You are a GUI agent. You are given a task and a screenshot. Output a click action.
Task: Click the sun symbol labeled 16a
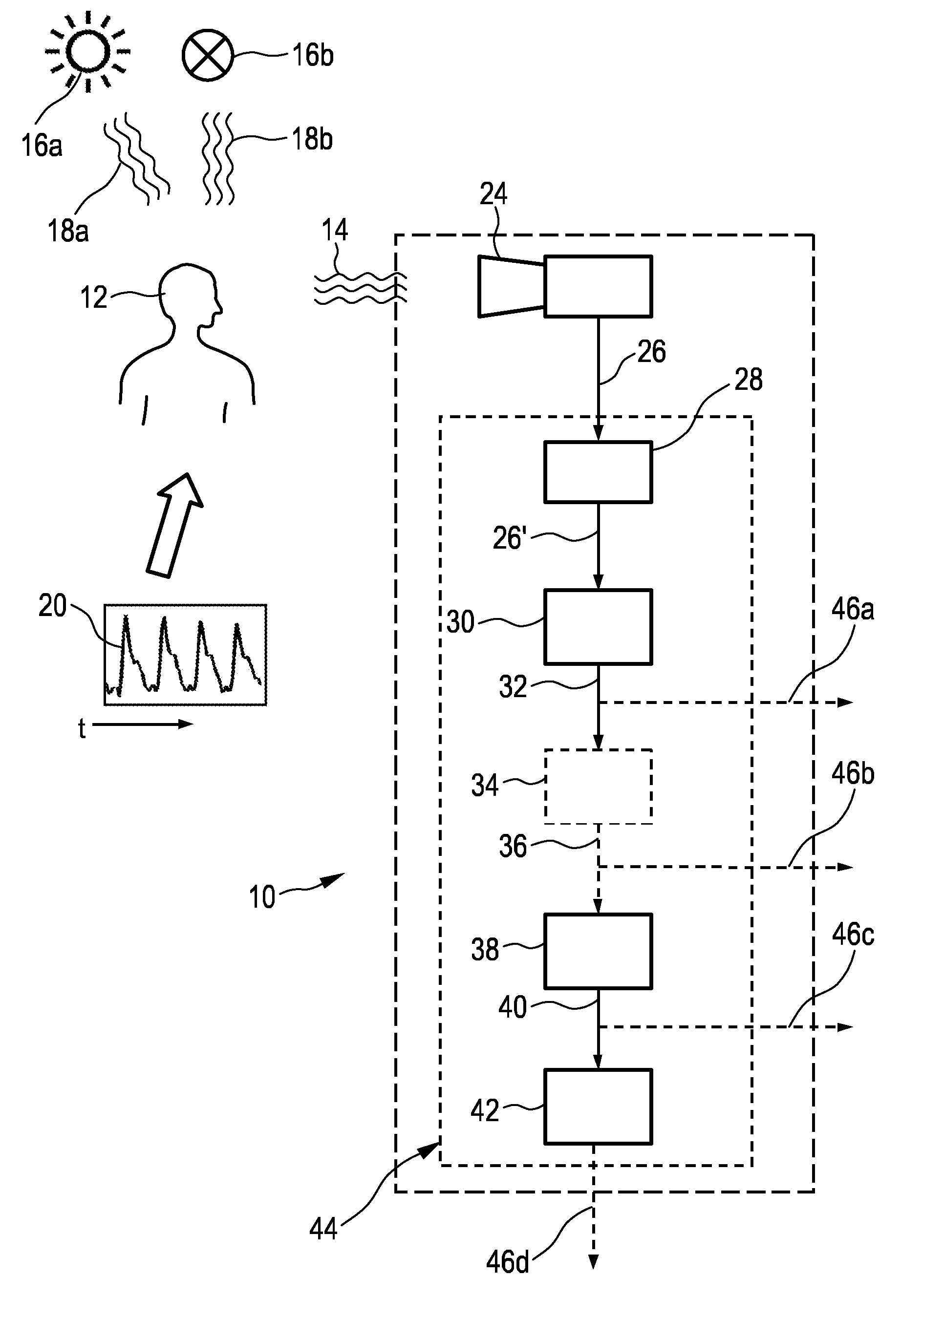click(x=88, y=51)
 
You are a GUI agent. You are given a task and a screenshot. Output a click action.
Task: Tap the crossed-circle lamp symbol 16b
click(x=208, y=55)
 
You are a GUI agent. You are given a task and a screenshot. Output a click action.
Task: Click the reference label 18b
click(x=312, y=140)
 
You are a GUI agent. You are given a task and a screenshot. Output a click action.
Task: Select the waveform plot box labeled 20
click(x=185, y=655)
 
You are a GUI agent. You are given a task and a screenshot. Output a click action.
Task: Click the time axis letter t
click(x=82, y=728)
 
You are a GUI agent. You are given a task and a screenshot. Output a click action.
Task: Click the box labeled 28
click(x=598, y=472)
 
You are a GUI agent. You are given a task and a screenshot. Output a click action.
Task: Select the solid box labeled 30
click(x=598, y=627)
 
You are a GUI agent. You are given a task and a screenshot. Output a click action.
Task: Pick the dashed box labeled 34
click(x=598, y=787)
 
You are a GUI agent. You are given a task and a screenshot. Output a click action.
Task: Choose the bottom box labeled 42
click(x=598, y=1107)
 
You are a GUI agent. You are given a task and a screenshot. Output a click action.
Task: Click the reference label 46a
click(x=853, y=609)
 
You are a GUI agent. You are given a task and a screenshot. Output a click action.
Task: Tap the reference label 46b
click(x=853, y=774)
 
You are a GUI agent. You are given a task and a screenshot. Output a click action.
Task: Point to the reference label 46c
click(x=853, y=935)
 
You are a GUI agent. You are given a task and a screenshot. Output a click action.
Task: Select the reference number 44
click(x=323, y=1229)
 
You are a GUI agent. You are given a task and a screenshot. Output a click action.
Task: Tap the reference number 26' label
click(x=509, y=538)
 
